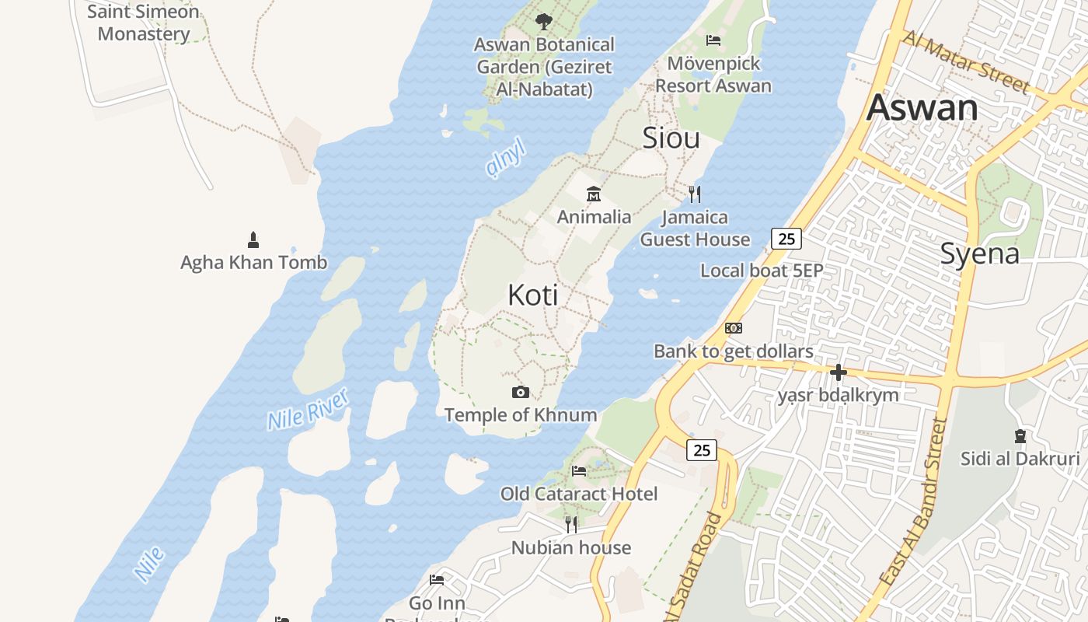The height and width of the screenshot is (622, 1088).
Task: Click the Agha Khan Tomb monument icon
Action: click(253, 239)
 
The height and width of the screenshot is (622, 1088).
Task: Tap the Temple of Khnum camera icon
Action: click(521, 392)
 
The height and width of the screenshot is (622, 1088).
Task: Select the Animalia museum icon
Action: click(594, 194)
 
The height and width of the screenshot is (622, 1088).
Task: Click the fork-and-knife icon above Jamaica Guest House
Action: click(695, 194)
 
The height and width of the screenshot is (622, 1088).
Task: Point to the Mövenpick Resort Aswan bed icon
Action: click(713, 40)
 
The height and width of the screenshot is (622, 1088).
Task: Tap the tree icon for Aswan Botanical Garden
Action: click(544, 21)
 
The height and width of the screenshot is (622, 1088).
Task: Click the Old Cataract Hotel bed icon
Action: click(579, 470)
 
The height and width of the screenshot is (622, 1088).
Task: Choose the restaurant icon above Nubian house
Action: click(571, 524)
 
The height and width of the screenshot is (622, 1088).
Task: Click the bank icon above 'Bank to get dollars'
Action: click(734, 328)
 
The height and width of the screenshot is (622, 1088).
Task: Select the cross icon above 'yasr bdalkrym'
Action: click(838, 372)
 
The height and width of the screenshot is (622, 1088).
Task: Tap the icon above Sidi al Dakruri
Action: click(1020, 436)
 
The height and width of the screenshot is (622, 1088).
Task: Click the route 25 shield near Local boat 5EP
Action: click(786, 239)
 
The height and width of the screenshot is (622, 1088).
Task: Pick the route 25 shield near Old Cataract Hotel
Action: click(702, 449)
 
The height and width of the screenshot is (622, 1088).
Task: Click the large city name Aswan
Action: click(922, 107)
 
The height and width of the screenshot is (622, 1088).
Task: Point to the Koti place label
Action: click(533, 295)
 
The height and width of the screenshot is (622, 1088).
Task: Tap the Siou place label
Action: click(671, 138)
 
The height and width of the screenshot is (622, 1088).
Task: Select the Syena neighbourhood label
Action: click(979, 253)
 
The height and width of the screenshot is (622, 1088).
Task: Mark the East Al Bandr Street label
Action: click(914, 502)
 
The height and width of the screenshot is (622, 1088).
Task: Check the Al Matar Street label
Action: click(966, 61)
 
